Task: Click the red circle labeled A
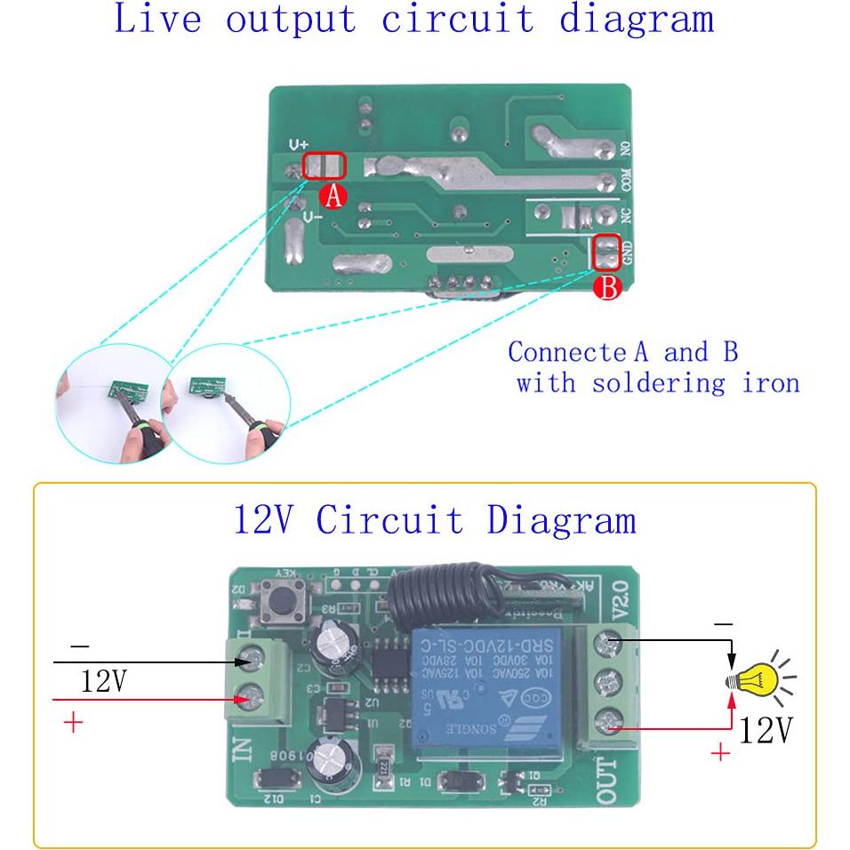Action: (x=333, y=196)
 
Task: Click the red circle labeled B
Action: (x=607, y=287)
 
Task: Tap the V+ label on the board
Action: (x=297, y=144)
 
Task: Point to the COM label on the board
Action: (x=626, y=180)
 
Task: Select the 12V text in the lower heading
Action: (x=266, y=519)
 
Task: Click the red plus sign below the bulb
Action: (x=720, y=753)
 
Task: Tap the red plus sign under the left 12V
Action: (x=73, y=721)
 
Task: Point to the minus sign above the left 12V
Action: (x=79, y=646)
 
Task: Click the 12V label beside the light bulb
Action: (x=766, y=731)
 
